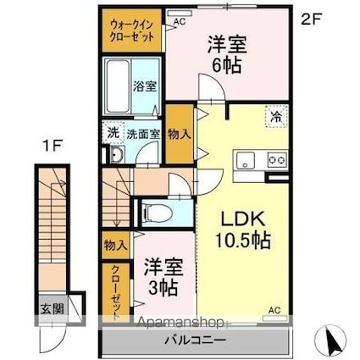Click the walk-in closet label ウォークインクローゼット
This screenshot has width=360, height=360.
click(x=132, y=30)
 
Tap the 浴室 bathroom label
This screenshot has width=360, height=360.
click(x=145, y=86)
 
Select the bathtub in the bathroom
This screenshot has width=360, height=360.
click(x=118, y=86)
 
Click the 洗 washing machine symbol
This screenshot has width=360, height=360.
click(x=113, y=132)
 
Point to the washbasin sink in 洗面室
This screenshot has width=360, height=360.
click(x=117, y=154)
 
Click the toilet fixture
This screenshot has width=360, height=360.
click(x=157, y=213)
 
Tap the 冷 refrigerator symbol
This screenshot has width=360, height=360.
click(x=276, y=117)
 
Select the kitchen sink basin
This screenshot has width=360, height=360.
click(x=246, y=160)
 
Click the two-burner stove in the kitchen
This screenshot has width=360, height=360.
click(x=277, y=160)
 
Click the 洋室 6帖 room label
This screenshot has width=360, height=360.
click(x=227, y=54)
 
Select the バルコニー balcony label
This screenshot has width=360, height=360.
click(x=196, y=341)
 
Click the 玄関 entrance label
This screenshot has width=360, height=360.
click(x=52, y=309)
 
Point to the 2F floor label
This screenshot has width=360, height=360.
click(x=312, y=19)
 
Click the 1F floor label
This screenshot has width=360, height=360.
click(x=52, y=146)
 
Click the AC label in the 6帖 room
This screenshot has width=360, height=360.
click(x=180, y=22)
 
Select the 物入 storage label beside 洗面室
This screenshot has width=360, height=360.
click(x=180, y=135)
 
